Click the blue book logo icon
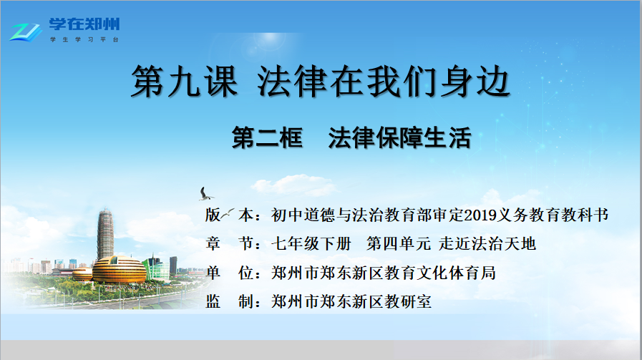tap(25, 31)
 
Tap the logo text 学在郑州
tap(84, 24)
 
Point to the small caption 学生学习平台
tap(84, 40)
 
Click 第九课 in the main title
tap(184, 82)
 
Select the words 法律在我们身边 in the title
tap(384, 82)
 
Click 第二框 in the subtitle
tap(268, 137)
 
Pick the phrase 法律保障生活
tap(399, 137)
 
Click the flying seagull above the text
tap(205, 194)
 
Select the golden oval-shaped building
tap(119, 270)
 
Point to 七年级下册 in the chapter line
tap(311, 243)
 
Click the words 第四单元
tap(399, 243)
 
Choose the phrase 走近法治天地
tap(487, 243)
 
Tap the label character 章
tap(213, 243)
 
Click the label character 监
tap(213, 302)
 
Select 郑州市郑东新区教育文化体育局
tap(383, 273)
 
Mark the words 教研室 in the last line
tap(408, 302)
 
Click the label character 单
tap(213, 273)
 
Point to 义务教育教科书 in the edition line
tap(553, 215)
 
